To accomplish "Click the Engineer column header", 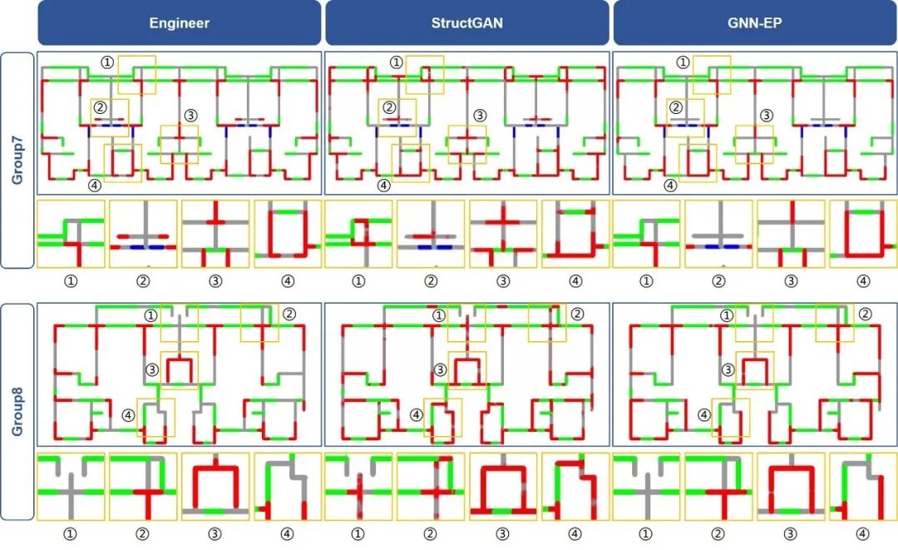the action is [x=179, y=22].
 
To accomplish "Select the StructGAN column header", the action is [x=466, y=22].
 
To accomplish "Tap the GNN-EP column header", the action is [x=754, y=22].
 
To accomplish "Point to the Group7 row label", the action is [x=17, y=161].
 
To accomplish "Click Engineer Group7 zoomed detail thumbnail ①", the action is [x=71, y=234].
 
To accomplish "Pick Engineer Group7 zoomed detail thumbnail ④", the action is [x=288, y=234].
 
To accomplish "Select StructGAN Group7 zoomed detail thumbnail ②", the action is [x=431, y=234].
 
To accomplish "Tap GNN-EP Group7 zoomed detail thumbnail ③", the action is [x=791, y=234].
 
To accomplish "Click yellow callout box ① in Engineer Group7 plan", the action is [x=136, y=75].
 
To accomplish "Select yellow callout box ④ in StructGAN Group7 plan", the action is [x=411, y=163].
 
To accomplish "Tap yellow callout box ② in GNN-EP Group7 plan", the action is [x=685, y=118].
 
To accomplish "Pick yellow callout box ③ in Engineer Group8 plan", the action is [x=180, y=370].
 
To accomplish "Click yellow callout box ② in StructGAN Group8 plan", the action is [x=547, y=323].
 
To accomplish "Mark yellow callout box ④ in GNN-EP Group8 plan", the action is [x=731, y=419].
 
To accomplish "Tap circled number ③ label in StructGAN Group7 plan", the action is [x=479, y=115].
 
